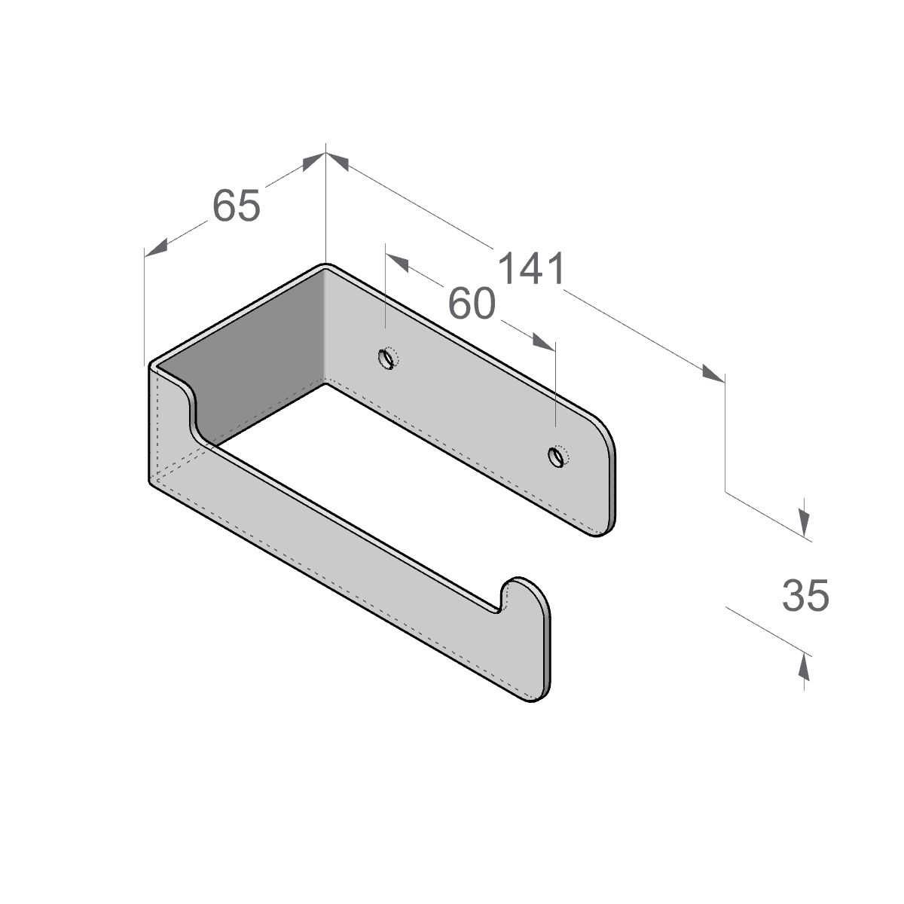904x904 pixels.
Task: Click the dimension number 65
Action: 236,206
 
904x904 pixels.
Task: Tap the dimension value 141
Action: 531,268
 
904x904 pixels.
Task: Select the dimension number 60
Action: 472,304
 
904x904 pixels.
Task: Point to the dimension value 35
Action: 805,595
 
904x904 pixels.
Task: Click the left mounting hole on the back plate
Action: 387,359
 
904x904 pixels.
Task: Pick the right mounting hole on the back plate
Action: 557,457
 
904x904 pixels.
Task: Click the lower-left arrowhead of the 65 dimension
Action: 155,248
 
